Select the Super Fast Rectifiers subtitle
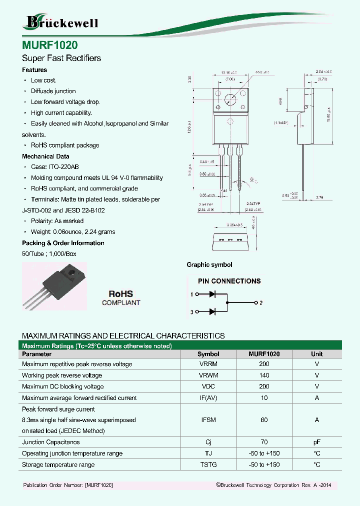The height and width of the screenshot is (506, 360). click(x=61, y=58)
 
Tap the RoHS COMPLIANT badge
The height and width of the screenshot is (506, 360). click(x=121, y=298)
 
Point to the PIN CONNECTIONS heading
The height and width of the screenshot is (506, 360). click(x=229, y=281)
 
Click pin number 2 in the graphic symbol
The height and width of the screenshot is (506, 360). click(x=261, y=303)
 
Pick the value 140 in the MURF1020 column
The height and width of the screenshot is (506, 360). click(x=264, y=375)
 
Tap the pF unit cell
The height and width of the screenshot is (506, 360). click(x=316, y=442)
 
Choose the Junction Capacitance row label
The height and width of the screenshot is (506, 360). click(x=51, y=442)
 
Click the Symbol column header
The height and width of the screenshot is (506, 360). click(x=208, y=353)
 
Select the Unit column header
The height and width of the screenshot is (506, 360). click(x=316, y=353)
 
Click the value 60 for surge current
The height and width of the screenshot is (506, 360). click(x=264, y=420)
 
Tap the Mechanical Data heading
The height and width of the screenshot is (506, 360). click(x=45, y=156)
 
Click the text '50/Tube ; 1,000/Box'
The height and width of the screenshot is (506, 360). click(x=49, y=254)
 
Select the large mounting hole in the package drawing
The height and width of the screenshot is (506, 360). click(x=230, y=99)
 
